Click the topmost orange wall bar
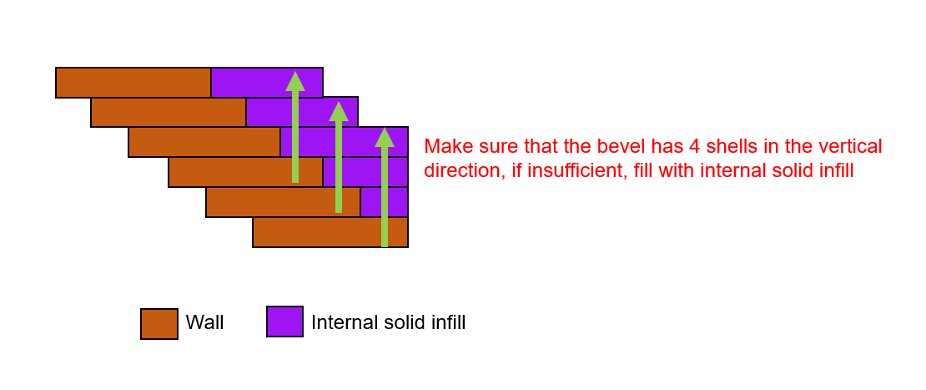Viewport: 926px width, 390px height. pyautogui.click(x=133, y=82)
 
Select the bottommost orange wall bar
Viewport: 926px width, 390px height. pyautogui.click(x=330, y=232)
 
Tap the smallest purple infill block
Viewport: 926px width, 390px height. pyautogui.click(x=384, y=202)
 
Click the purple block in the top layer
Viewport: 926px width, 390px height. pyautogui.click(x=267, y=82)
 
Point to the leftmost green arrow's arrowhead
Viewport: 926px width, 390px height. pyautogui.click(x=295, y=82)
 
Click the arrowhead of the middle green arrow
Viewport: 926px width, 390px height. pyautogui.click(x=339, y=112)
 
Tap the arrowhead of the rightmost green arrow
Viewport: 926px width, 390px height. pyautogui.click(x=385, y=137)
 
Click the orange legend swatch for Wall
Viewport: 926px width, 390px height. pyautogui.click(x=159, y=324)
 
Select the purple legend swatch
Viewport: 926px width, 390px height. pyautogui.click(x=284, y=322)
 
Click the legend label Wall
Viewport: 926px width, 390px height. pyautogui.click(x=204, y=322)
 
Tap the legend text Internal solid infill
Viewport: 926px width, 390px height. pyautogui.click(x=388, y=322)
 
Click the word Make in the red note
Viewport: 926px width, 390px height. pyautogui.click(x=444, y=146)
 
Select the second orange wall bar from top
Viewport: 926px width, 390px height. pyautogui.click(x=169, y=112)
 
